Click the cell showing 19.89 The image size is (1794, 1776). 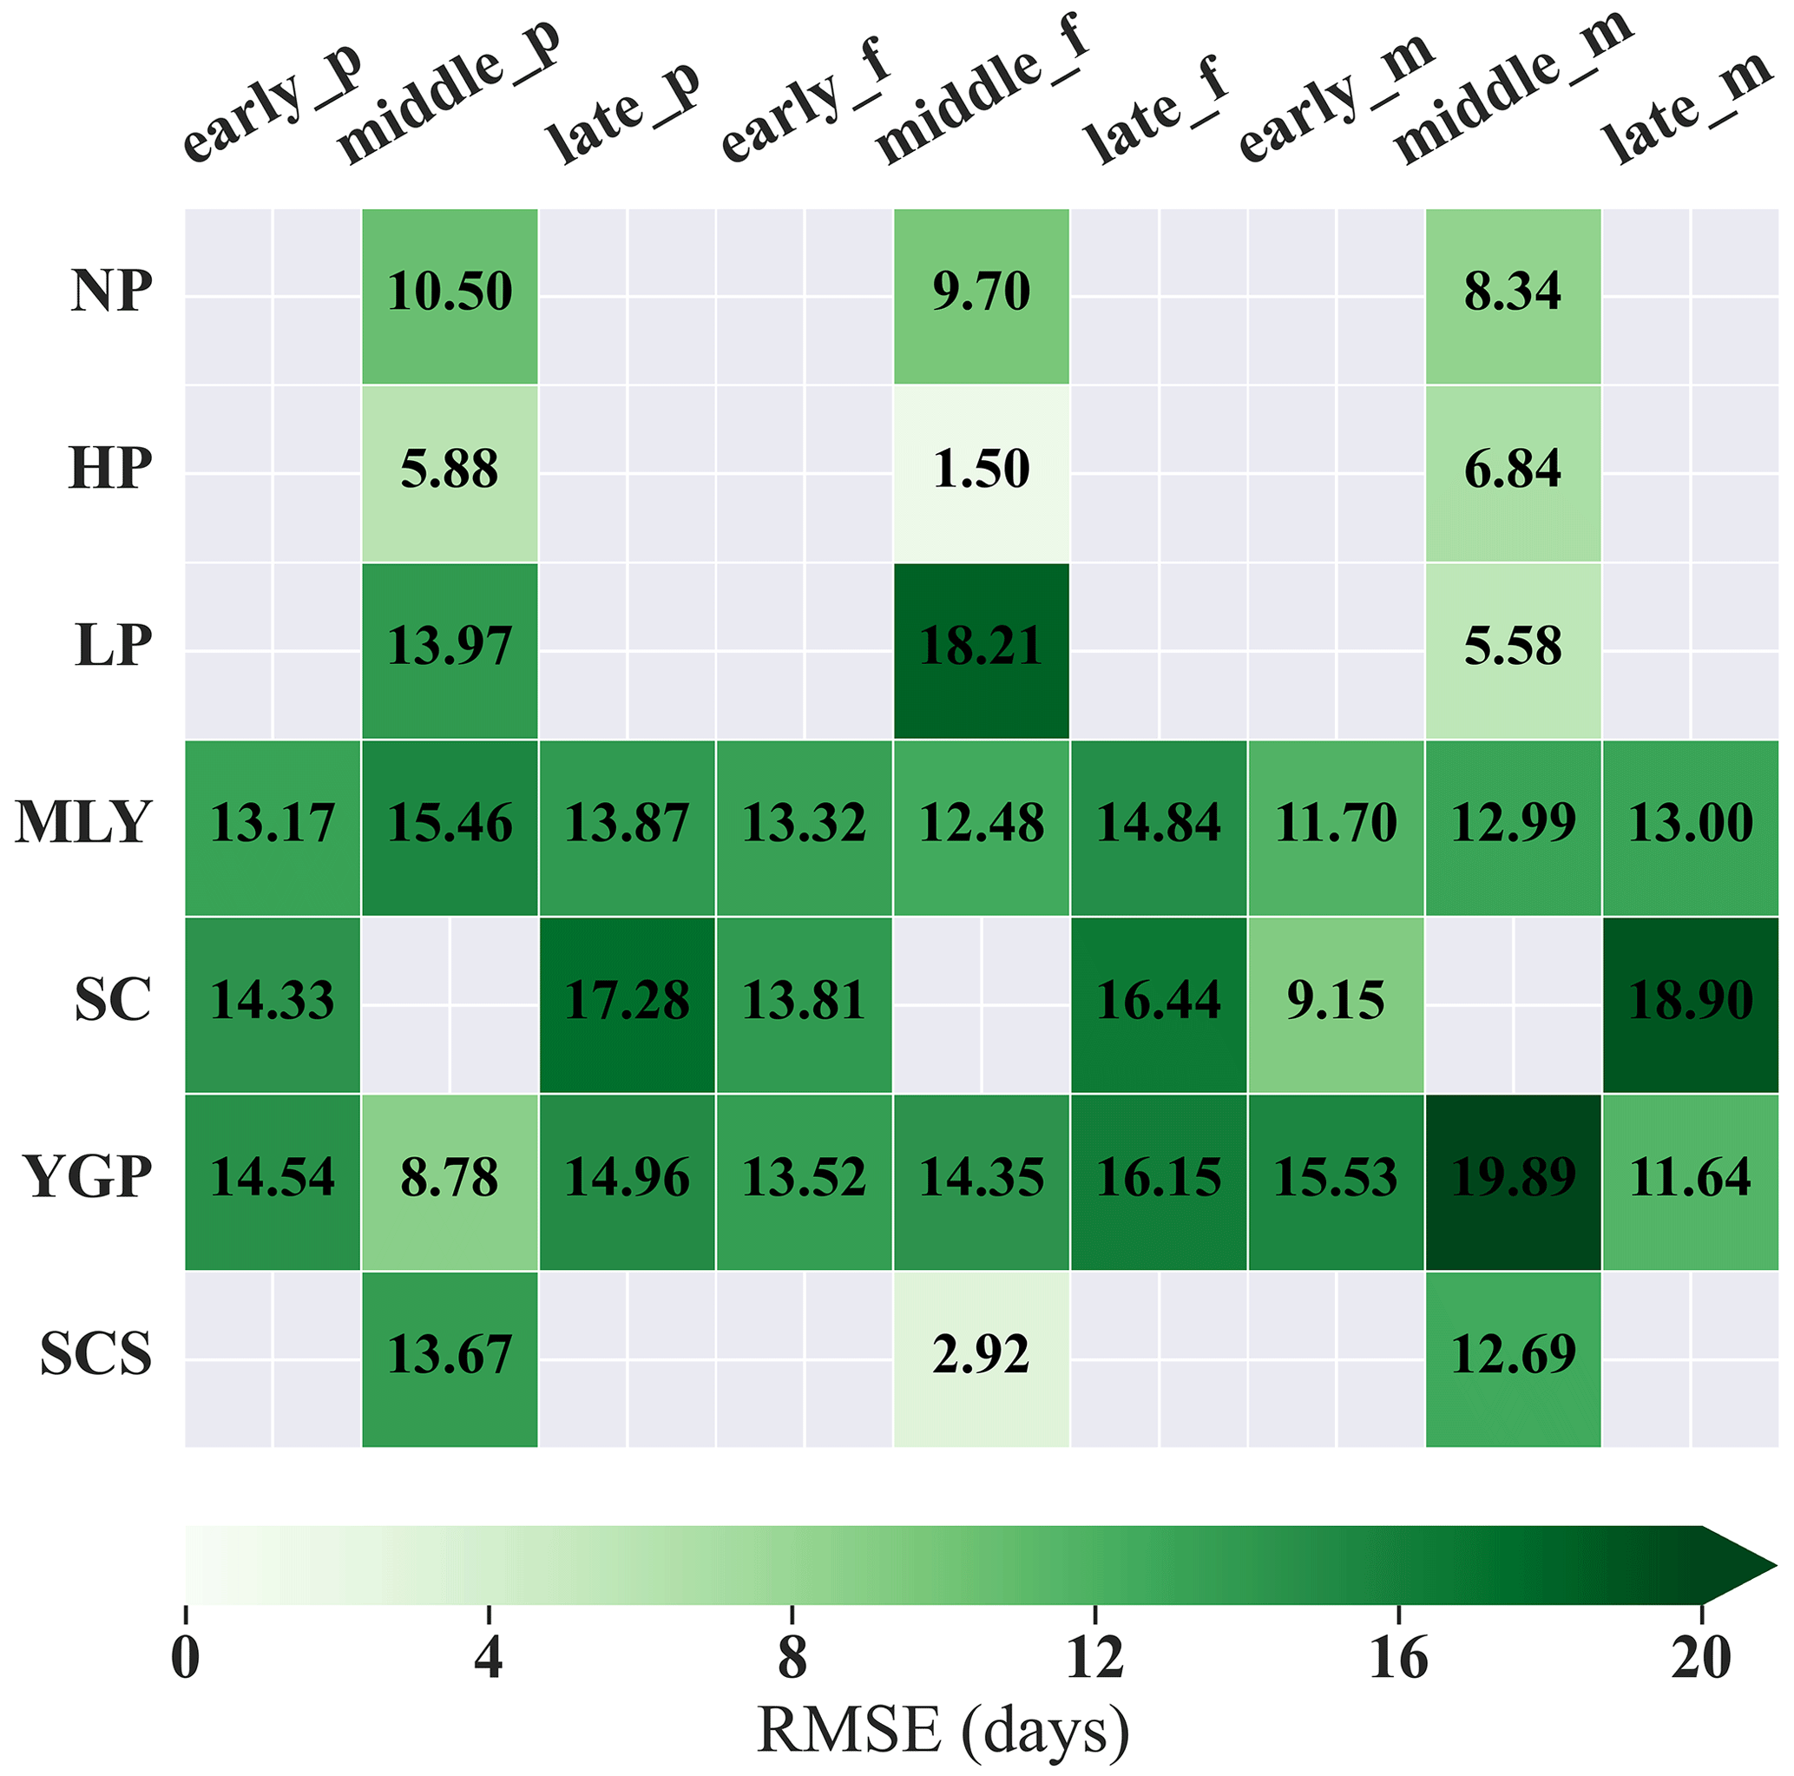point(1513,1177)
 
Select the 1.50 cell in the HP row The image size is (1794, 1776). point(981,468)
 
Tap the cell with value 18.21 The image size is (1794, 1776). point(981,646)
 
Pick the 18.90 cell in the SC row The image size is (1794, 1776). point(1690,1000)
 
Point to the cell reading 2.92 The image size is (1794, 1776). point(981,1354)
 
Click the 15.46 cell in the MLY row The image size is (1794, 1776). point(450,823)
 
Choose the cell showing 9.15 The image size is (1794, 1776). point(1335,1000)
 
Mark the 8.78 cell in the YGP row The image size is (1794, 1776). point(450,1177)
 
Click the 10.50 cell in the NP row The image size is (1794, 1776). point(450,291)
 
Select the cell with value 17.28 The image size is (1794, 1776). point(627,1000)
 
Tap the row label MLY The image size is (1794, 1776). point(82,823)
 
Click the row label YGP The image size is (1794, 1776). point(89,1177)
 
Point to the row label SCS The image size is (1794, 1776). point(95,1354)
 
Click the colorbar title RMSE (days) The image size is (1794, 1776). point(943,1729)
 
